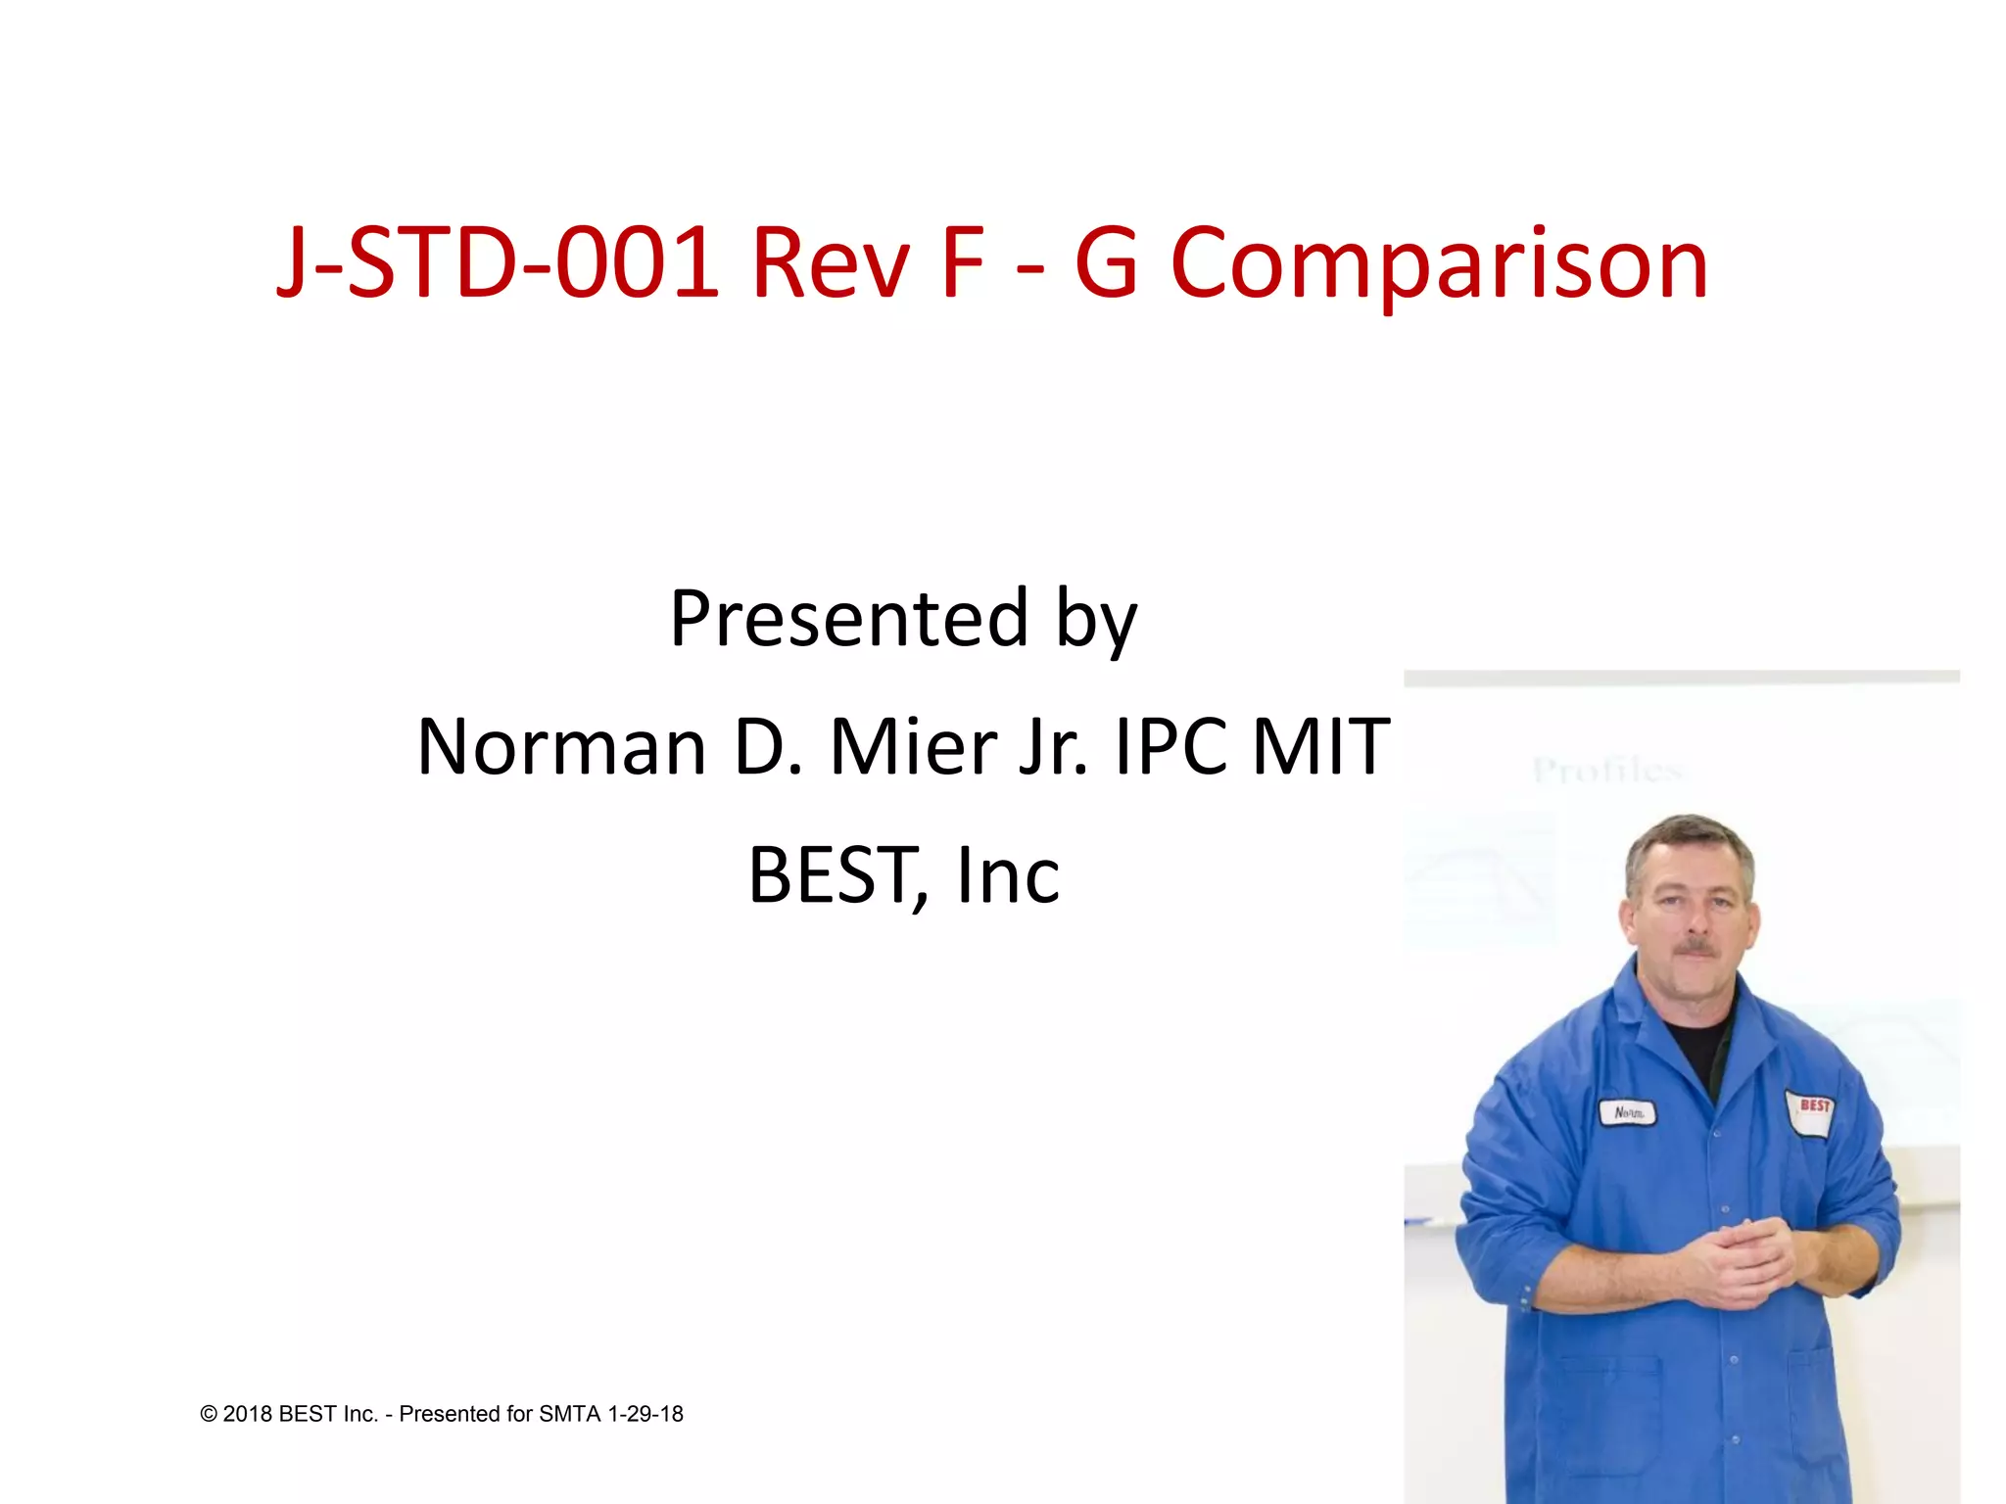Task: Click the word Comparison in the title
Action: click(x=1439, y=264)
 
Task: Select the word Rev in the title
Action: click(x=831, y=264)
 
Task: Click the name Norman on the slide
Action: click(x=561, y=747)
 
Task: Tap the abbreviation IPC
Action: click(x=1171, y=747)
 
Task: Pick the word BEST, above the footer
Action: click(x=836, y=875)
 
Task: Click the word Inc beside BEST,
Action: click(x=1008, y=875)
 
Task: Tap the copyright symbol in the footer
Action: click(x=209, y=1414)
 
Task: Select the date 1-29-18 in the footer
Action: click(x=645, y=1414)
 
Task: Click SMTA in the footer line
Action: click(x=570, y=1414)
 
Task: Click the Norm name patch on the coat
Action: click(x=1628, y=1113)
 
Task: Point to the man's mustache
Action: click(x=1697, y=948)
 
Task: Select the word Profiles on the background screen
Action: click(x=1606, y=771)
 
